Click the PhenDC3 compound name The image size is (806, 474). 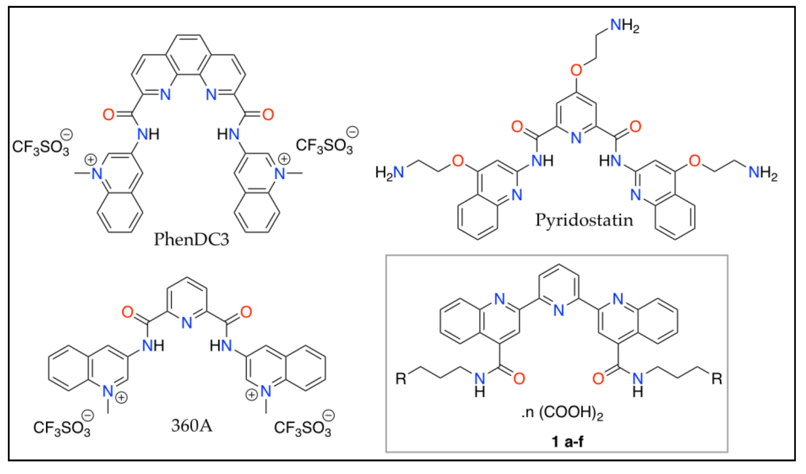[191, 239]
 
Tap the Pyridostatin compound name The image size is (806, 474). [584, 220]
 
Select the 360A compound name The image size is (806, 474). [192, 425]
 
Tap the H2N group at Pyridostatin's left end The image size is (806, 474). [389, 173]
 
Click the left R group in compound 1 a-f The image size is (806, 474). [401, 379]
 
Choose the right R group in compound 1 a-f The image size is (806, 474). [717, 379]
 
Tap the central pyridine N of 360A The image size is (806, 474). [187, 323]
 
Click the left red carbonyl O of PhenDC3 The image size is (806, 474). [108, 114]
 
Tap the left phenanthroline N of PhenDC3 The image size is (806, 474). [165, 94]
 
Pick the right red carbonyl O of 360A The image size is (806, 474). [246, 312]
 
